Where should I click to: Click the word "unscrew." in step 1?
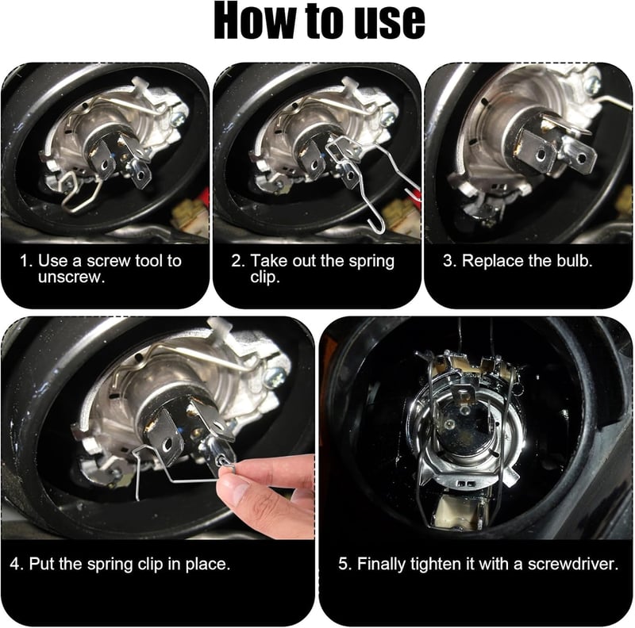point(71,278)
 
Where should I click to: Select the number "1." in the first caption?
point(26,261)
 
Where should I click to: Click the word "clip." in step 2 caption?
point(265,278)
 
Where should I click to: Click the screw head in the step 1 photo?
point(178,118)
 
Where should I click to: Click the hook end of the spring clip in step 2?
point(372,226)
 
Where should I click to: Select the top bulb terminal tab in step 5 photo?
point(463,396)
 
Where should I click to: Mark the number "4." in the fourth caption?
point(17,564)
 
